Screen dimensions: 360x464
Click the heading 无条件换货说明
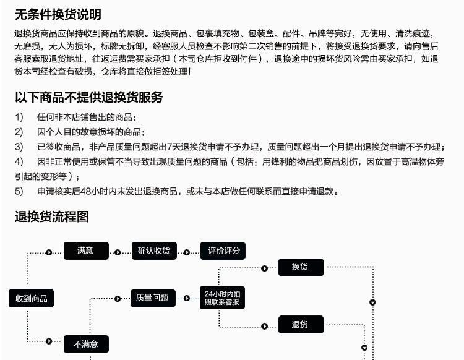click(58, 14)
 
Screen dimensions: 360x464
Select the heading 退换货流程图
click(52, 216)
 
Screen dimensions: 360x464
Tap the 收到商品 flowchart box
click(32, 299)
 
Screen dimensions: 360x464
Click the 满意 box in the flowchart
click(85, 251)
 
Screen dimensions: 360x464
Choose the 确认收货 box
click(154, 251)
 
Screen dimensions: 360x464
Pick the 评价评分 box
click(223, 251)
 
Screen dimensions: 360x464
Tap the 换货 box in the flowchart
click(300, 267)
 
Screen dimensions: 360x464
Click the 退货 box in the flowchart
click(300, 325)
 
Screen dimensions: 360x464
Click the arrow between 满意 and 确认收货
click(118, 252)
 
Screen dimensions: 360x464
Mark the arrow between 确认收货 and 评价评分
click(186, 252)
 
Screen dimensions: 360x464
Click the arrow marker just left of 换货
click(264, 268)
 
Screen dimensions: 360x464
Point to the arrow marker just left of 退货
click(264, 325)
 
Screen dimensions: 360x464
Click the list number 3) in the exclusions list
click(19, 147)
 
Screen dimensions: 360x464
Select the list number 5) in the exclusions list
click(19, 191)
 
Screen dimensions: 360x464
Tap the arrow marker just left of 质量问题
click(118, 299)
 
